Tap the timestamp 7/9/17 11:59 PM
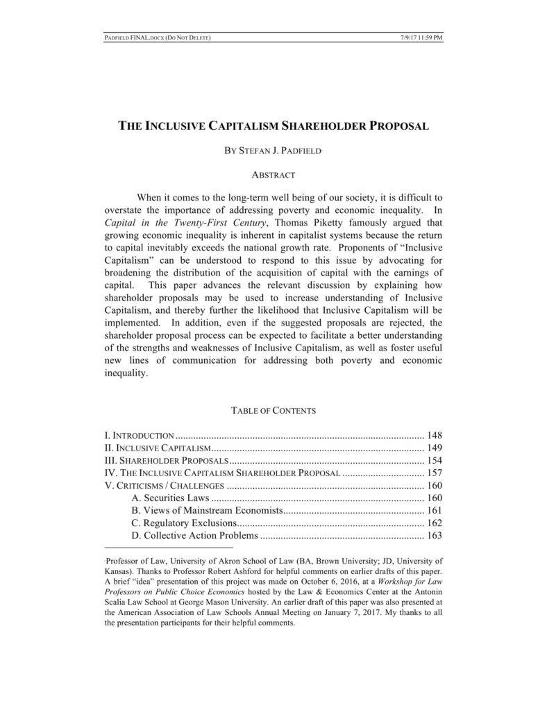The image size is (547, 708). [421, 37]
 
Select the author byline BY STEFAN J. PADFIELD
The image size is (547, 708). [273, 151]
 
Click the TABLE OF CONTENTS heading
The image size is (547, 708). [273, 410]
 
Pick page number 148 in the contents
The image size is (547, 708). [435, 436]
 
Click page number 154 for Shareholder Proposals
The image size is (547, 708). [435, 461]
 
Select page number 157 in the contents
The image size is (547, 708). [435, 473]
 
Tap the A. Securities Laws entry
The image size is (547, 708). [169, 498]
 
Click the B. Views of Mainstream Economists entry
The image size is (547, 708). [207, 511]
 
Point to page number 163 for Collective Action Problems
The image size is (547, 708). [435, 536]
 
